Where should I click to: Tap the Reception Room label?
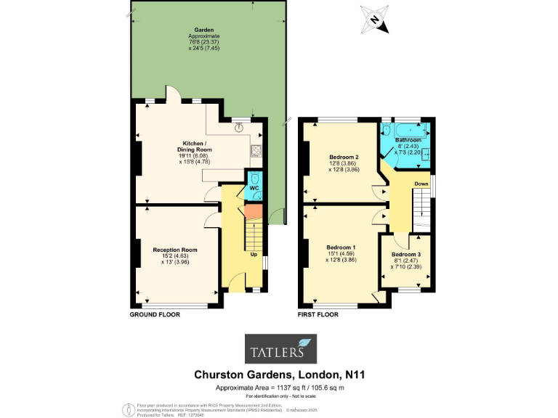tap(174, 250)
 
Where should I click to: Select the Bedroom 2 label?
tap(344, 157)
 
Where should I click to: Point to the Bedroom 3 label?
tap(405, 255)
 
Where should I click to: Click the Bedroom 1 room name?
tap(341, 247)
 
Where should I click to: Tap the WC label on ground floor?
tap(254, 188)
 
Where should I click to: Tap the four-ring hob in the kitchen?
tap(255, 152)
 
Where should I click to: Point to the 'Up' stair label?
tap(254, 255)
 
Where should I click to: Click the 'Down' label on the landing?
tap(421, 184)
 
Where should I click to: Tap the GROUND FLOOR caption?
tap(155, 315)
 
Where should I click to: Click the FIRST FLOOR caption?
tap(319, 315)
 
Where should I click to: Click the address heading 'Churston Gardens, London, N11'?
tap(279, 375)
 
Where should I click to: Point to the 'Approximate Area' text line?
tap(279, 388)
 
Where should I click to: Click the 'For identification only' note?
tap(279, 396)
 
